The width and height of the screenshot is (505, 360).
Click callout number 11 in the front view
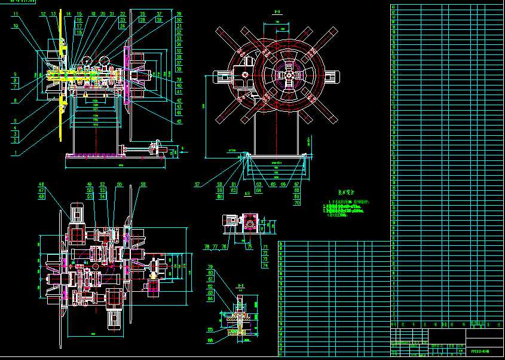(15, 14)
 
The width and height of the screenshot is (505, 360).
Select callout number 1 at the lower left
(15, 153)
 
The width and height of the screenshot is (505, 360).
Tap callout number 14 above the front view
(68, 14)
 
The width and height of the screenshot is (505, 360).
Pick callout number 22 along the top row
(123, 14)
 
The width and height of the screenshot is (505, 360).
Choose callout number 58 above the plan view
(143, 185)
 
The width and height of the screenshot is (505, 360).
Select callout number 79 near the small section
(210, 267)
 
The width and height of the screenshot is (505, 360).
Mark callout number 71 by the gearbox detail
(265, 247)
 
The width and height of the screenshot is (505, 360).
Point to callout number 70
(297, 203)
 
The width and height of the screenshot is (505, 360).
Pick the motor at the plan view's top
(77, 213)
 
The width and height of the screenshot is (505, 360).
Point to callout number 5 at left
(15, 121)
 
